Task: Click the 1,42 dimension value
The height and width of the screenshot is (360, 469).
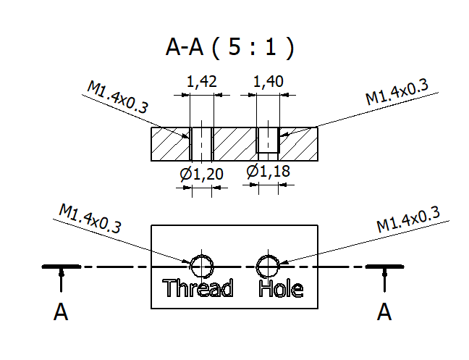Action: (202, 83)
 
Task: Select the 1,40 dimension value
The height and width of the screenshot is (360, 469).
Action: (268, 83)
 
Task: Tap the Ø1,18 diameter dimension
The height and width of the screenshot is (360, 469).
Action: (266, 172)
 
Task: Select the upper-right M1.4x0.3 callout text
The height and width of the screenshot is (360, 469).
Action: (397, 93)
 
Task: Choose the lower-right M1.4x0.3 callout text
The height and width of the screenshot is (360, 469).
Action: (408, 218)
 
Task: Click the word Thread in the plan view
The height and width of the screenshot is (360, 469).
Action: (198, 288)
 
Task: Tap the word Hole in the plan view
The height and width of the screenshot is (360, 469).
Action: (281, 288)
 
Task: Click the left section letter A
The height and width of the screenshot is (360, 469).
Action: (61, 312)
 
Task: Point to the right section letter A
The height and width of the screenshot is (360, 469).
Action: (384, 312)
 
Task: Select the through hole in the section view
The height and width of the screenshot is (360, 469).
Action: (200, 144)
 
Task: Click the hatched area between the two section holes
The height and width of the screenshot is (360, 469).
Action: (234, 144)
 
